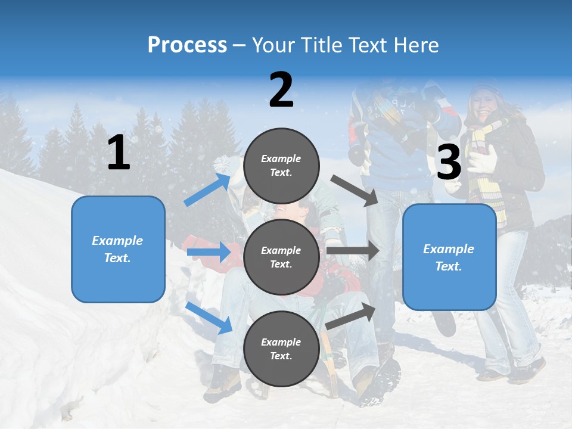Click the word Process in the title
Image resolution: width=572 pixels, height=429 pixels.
[x=187, y=45]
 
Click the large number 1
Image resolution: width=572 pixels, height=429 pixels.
[x=119, y=153]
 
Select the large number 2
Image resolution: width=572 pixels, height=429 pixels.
[x=281, y=90]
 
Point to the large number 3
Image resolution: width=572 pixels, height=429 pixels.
[x=449, y=163]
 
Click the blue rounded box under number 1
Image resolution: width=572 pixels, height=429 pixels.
[x=118, y=249]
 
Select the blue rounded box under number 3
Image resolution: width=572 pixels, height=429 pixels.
[x=449, y=257]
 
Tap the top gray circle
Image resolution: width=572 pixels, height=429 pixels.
[x=281, y=166]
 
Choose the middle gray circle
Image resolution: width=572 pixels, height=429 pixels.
[x=281, y=257]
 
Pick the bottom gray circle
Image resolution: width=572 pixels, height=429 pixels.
[x=281, y=349]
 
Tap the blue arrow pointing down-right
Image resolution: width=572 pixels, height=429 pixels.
[x=209, y=318]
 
